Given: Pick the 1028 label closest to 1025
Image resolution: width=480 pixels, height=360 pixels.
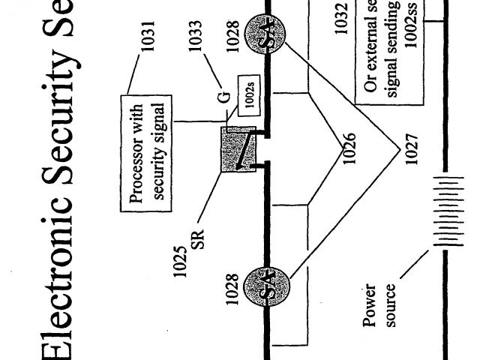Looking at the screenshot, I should [x=232, y=289].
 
